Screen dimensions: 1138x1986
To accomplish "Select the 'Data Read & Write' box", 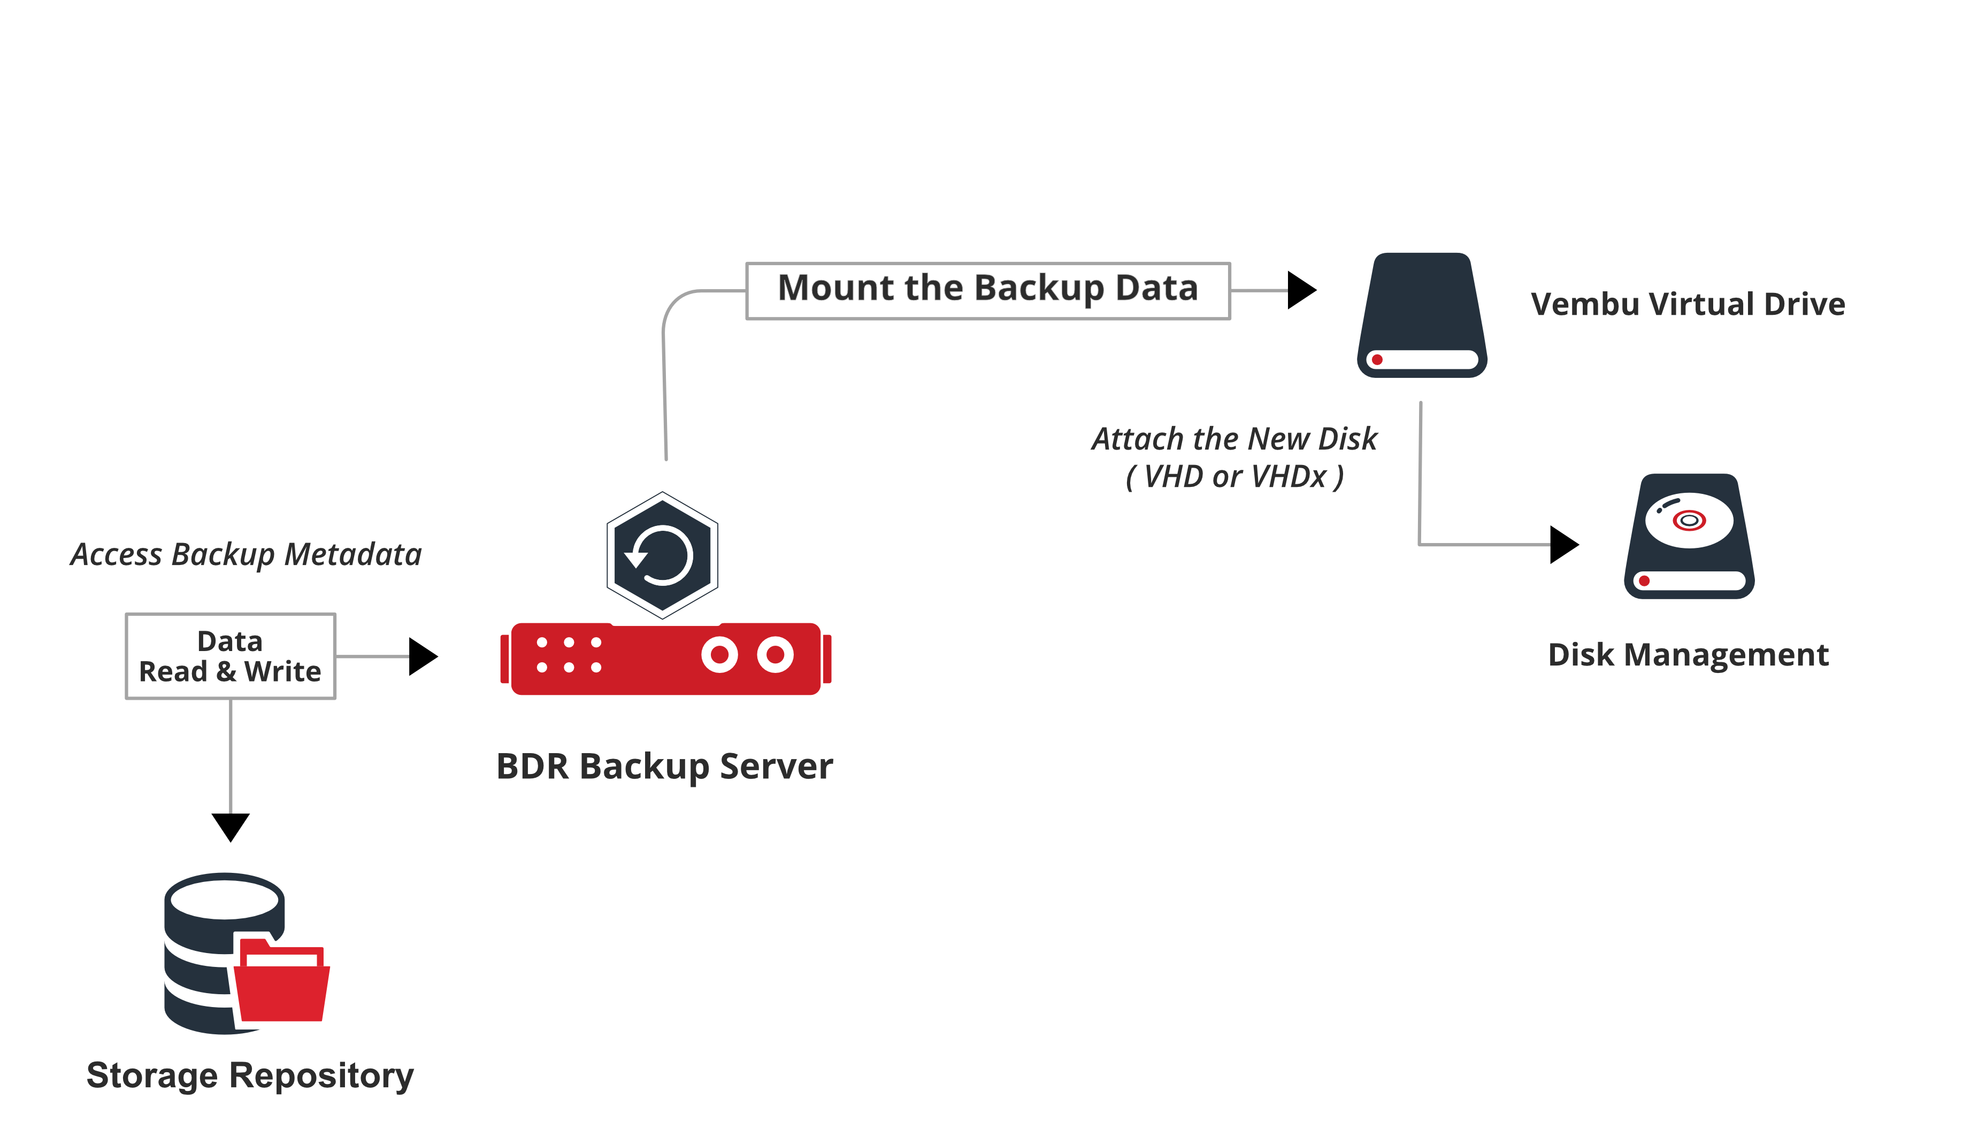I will click(x=231, y=656).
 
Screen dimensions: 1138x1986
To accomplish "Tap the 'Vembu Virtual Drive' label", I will click(x=1688, y=304).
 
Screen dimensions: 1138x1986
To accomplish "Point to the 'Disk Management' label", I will click(x=1688, y=655).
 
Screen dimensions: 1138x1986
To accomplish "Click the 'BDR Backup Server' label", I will click(x=665, y=767).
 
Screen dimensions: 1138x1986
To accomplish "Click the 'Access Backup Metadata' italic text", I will click(x=246, y=555).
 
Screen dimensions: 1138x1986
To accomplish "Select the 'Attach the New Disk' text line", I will click(x=1234, y=439).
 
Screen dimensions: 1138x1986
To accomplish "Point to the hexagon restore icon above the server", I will click(x=662, y=556).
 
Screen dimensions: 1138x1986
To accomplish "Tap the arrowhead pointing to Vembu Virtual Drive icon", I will click(x=1300, y=291).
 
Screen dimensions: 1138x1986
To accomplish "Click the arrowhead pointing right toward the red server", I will click(x=422, y=656).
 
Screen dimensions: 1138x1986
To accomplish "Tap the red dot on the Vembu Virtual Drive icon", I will click(x=1377, y=360).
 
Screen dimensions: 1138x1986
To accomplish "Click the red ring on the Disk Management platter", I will click(x=1689, y=521).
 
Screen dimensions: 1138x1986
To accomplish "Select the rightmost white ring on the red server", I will click(x=775, y=655).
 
